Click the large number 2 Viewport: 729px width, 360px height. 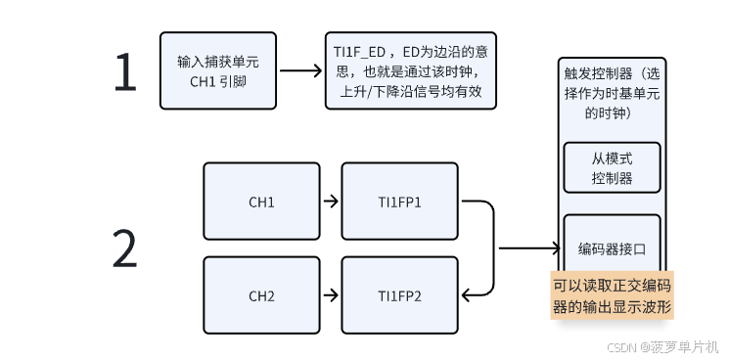point(124,248)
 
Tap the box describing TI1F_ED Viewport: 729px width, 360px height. point(408,70)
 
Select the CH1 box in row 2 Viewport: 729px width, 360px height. point(261,202)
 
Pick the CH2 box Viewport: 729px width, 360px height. point(261,294)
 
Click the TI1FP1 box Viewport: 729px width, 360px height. point(399,202)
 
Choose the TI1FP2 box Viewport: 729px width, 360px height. point(399,294)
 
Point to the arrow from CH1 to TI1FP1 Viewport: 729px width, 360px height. point(330,202)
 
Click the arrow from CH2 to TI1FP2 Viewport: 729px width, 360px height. point(330,294)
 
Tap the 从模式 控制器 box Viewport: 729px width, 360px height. point(612,167)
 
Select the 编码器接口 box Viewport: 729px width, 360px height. point(612,248)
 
